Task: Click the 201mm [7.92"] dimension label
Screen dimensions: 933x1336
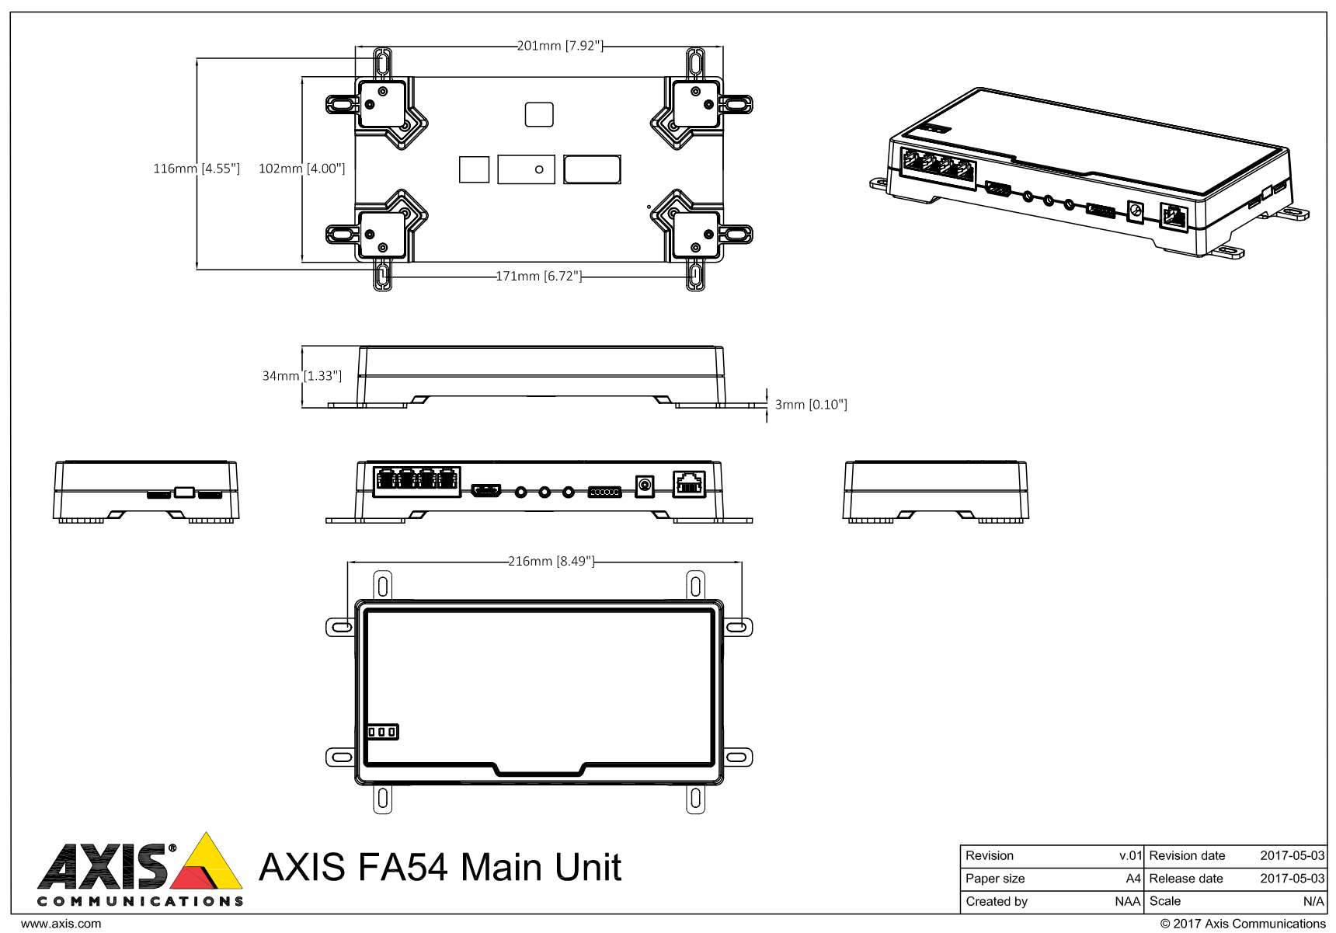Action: pyautogui.click(x=560, y=46)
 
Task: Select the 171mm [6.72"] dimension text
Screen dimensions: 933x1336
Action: pyautogui.click(x=539, y=276)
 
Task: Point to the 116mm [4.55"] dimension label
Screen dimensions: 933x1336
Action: pyautogui.click(x=196, y=169)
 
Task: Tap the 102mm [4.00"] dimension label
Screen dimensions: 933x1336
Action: pyautogui.click(x=301, y=169)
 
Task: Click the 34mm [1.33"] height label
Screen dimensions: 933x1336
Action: pyautogui.click(x=301, y=376)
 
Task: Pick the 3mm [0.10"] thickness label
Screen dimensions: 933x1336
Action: pyautogui.click(x=810, y=405)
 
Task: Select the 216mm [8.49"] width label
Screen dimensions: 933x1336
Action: pyautogui.click(x=551, y=561)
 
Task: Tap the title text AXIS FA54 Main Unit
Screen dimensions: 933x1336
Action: pyautogui.click(x=440, y=867)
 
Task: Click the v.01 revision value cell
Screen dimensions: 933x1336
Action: pyautogui.click(x=1130, y=856)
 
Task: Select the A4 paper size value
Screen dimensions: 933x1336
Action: pyautogui.click(x=1133, y=879)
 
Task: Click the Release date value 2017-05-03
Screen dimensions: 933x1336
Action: pyautogui.click(x=1292, y=879)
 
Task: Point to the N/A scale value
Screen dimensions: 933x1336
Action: pyautogui.click(x=1313, y=902)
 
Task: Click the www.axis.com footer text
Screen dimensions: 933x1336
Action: pyautogui.click(x=61, y=924)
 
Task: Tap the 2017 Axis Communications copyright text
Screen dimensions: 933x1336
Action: pyautogui.click(x=1243, y=924)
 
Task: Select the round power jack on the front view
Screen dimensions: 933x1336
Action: pyautogui.click(x=644, y=486)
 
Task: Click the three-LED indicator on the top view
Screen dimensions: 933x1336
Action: pyautogui.click(x=382, y=732)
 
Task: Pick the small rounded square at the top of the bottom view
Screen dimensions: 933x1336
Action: pyautogui.click(x=539, y=114)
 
